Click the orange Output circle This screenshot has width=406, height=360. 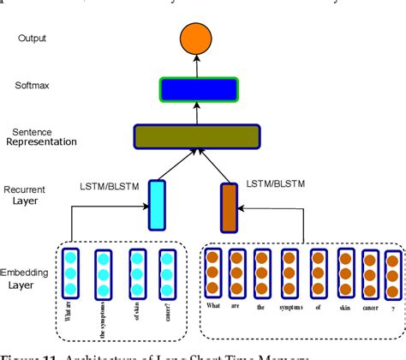[196, 38]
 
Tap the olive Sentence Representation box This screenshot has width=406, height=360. [196, 135]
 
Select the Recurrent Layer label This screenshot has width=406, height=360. [31, 195]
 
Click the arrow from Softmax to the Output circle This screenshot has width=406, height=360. [196, 66]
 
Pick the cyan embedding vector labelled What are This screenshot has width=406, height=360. [70, 273]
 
